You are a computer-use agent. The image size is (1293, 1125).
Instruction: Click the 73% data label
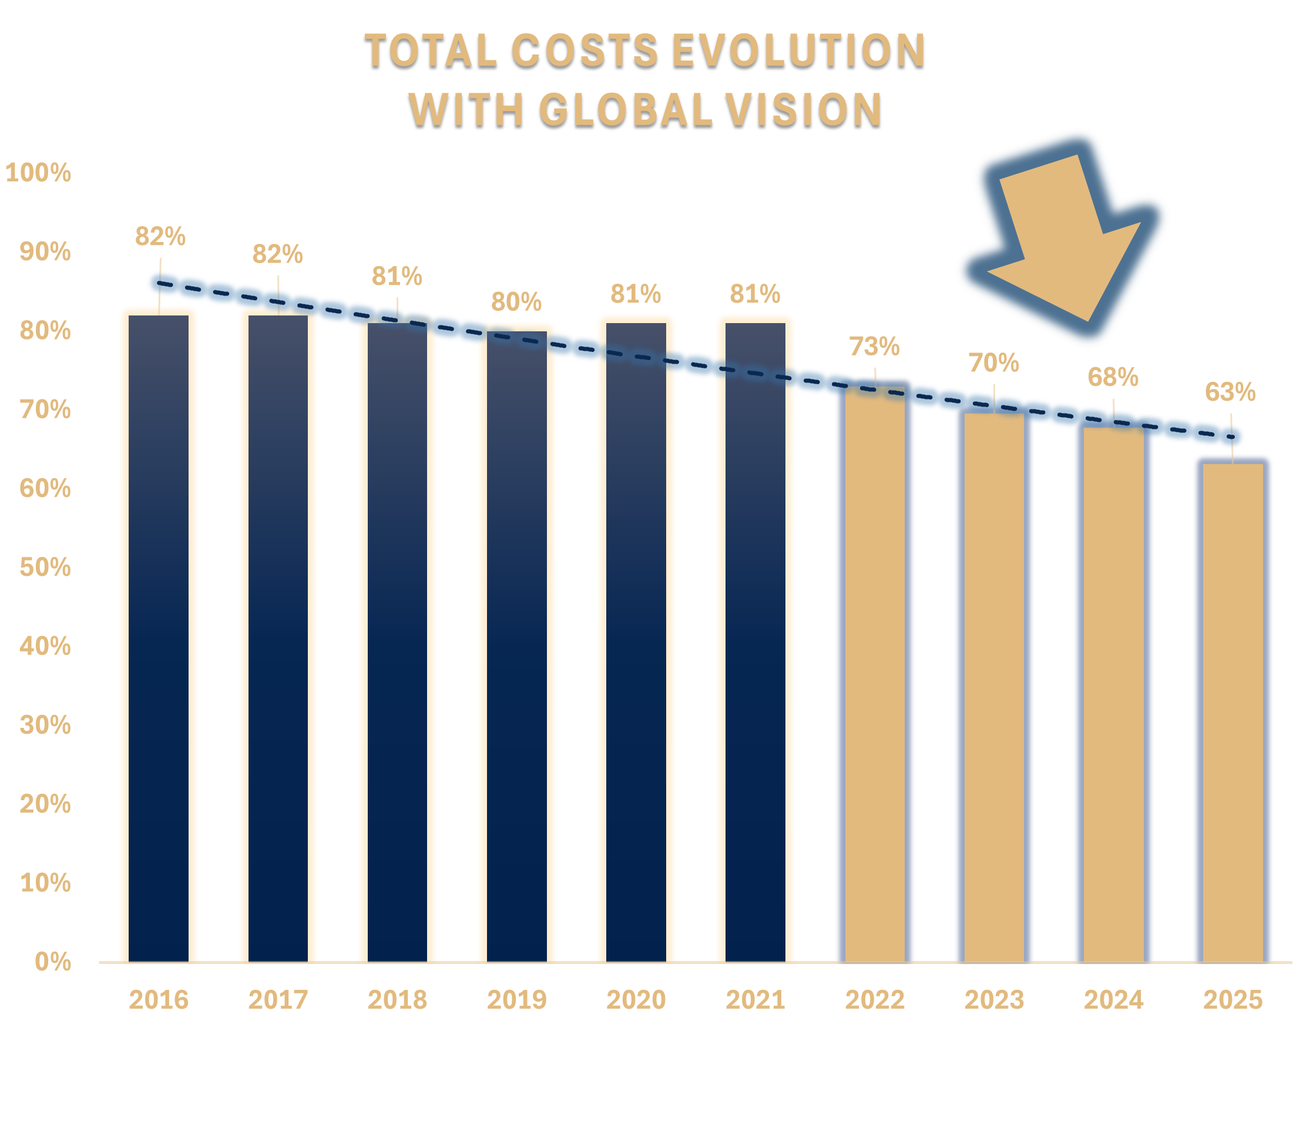874,347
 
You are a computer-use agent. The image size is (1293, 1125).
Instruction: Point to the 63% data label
1230,392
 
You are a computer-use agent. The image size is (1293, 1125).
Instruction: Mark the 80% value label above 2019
516,302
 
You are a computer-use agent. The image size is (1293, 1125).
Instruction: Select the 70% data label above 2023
993,363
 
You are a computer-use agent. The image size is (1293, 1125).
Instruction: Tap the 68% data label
1113,377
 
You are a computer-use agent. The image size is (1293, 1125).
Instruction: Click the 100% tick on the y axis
38,173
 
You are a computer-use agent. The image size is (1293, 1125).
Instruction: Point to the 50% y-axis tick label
45,567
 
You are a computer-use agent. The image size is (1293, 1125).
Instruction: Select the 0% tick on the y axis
53,962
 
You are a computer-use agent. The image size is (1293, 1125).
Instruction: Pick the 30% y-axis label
45,725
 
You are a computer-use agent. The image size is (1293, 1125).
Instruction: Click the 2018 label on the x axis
397,1000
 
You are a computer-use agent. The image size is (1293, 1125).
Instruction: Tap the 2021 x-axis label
755,1000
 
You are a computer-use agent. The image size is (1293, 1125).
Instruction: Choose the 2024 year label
1113,1000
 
